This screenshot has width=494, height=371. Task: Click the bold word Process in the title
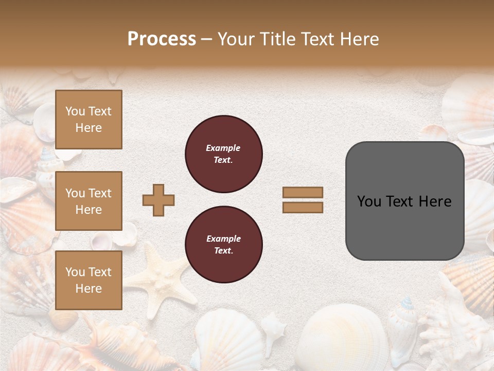(162, 39)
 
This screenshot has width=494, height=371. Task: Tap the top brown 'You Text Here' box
(89, 120)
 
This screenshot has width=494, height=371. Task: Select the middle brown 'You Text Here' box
(89, 201)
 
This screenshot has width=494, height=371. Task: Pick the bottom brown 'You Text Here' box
(89, 280)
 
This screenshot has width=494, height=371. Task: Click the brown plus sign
(158, 200)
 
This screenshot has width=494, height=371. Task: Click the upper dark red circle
(224, 154)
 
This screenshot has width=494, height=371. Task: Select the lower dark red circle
(224, 245)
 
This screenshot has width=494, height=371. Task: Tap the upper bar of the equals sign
(303, 193)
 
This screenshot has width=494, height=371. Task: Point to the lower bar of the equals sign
(303, 207)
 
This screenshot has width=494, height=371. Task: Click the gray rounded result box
(404, 201)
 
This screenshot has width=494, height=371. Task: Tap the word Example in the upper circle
(223, 148)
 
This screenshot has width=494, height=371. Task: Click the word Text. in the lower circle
(223, 251)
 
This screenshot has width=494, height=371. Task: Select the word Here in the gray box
(435, 201)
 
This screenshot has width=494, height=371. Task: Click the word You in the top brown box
(75, 111)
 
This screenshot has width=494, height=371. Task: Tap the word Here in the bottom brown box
(89, 289)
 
